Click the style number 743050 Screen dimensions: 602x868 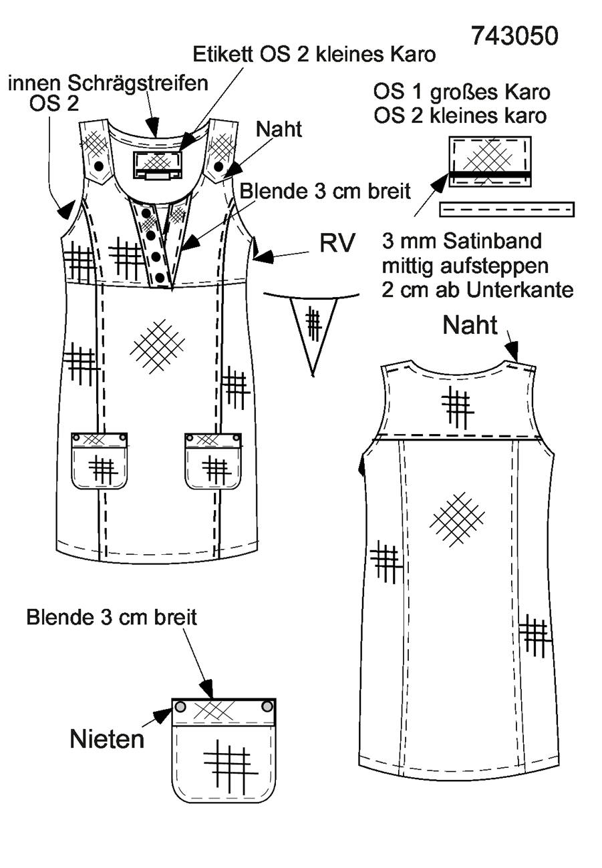[514, 36]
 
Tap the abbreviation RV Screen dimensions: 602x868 [337, 243]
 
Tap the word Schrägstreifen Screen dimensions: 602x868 [138, 83]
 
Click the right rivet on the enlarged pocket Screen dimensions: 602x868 [267, 706]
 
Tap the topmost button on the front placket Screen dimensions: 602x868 [146, 213]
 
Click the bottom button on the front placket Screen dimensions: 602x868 [160, 277]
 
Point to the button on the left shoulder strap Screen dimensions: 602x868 [100, 166]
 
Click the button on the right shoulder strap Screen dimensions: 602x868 [218, 166]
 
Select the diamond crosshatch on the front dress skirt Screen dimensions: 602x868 [157, 346]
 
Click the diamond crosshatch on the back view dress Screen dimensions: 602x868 [457, 519]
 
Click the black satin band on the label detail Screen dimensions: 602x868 [490, 174]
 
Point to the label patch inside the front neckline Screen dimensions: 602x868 [158, 165]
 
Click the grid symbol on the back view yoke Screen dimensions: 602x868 [458, 409]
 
